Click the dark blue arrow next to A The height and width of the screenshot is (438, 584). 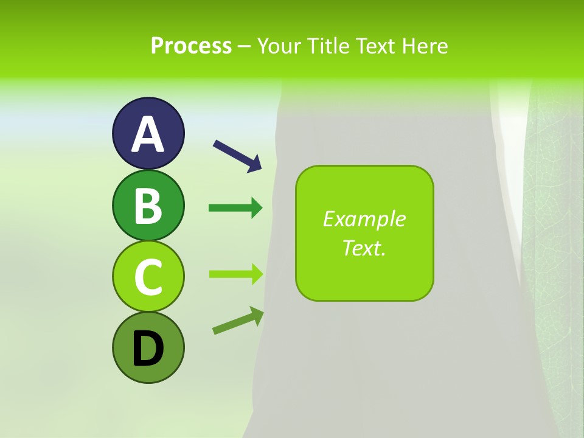point(237,156)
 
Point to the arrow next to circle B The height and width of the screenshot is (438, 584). point(235,208)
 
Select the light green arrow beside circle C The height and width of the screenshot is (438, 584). point(235,274)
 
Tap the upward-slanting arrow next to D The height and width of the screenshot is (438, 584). point(238,321)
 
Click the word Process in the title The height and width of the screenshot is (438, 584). point(191,46)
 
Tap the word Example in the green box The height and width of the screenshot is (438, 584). point(364,219)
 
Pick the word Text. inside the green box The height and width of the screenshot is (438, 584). point(364,248)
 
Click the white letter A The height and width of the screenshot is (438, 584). point(148,134)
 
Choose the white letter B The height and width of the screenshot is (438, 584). point(148,206)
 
